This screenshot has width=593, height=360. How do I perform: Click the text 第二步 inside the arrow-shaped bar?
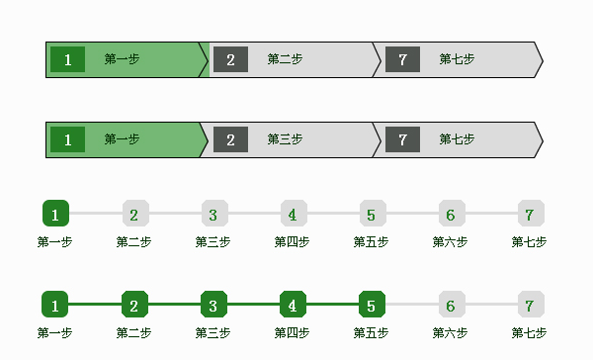click(285, 59)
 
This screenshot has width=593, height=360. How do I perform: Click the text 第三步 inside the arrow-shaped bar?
click(285, 139)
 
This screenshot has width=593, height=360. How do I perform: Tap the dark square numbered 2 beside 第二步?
click(230, 59)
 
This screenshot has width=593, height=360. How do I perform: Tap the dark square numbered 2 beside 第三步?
click(230, 139)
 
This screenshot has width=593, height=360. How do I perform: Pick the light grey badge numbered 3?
click(213, 214)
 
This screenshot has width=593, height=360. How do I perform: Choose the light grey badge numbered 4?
click(293, 214)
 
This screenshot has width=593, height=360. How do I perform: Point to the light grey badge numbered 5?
click(371, 214)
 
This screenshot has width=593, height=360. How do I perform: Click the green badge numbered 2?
click(134, 305)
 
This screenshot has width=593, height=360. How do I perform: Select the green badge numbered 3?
click(213, 305)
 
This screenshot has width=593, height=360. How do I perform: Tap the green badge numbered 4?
click(293, 305)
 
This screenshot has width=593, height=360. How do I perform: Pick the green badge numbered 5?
click(371, 305)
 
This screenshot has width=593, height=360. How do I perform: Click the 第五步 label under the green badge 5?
click(371, 332)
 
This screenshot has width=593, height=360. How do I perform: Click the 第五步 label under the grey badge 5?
click(371, 242)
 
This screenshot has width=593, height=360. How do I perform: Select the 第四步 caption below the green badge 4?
click(292, 332)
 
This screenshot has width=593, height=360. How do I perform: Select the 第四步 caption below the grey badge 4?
click(292, 242)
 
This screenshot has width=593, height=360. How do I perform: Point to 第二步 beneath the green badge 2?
click(133, 332)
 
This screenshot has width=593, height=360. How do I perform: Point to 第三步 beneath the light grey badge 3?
click(212, 242)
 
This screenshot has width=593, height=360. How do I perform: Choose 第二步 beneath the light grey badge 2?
click(133, 242)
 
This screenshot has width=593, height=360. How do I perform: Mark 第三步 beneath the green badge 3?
click(212, 332)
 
